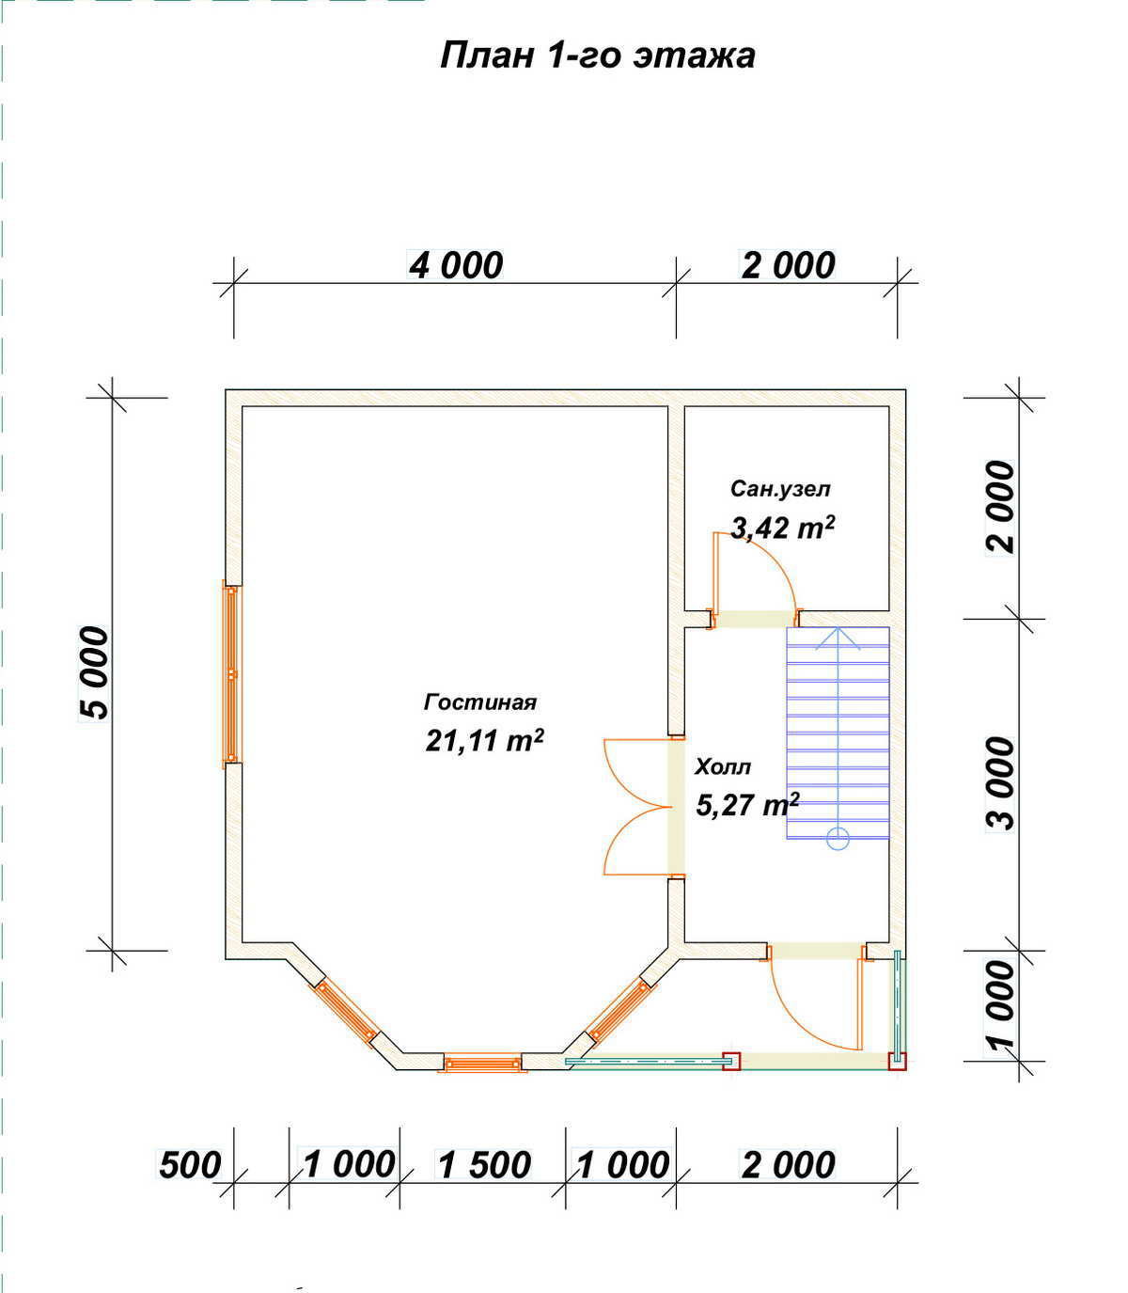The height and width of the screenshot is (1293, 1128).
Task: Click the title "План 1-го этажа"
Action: (597, 55)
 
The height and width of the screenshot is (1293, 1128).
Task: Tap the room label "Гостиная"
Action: (480, 702)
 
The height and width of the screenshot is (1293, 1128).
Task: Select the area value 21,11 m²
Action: (484, 740)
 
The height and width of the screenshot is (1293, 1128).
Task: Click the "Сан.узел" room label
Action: (780, 488)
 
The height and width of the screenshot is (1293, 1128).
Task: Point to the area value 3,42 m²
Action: (782, 527)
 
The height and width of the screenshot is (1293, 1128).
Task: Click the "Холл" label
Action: (723, 767)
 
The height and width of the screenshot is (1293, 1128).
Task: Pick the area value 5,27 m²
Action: (747, 805)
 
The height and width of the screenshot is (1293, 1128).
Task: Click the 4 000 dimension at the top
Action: (456, 265)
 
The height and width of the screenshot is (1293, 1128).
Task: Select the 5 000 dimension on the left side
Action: (94, 673)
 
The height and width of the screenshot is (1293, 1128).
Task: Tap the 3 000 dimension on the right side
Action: (1000, 783)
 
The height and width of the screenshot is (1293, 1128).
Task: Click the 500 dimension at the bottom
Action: (190, 1165)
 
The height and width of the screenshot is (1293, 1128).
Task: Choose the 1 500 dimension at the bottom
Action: (484, 1165)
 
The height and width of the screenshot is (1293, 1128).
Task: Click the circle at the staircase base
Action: (838, 839)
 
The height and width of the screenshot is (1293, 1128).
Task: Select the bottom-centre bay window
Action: (483, 1063)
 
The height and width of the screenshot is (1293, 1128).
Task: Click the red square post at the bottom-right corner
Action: (897, 1061)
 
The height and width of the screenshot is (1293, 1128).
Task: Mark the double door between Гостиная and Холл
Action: (639, 807)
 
